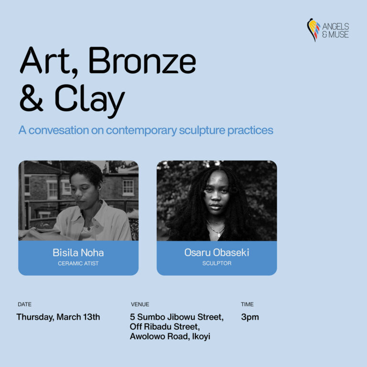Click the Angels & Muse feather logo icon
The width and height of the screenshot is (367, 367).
(x=313, y=30)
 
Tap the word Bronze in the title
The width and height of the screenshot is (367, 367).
(x=142, y=60)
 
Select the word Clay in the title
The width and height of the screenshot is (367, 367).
(x=90, y=101)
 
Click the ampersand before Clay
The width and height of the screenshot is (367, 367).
(x=32, y=98)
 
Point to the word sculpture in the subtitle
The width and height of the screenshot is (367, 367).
(x=202, y=130)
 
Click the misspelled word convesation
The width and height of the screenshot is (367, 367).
(x=58, y=130)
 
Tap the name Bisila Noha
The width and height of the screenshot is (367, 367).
(x=78, y=252)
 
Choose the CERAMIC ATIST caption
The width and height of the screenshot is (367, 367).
(x=78, y=263)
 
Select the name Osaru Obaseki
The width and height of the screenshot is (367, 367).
(x=217, y=252)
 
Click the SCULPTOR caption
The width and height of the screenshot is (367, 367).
(x=217, y=263)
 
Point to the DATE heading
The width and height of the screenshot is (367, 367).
(x=24, y=304)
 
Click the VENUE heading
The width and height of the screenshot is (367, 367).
(x=140, y=304)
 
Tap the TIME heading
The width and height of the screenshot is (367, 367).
(x=247, y=304)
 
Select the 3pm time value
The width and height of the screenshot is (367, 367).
(x=250, y=317)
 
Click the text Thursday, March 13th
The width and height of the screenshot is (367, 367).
(x=58, y=317)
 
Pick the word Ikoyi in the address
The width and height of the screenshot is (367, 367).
(x=201, y=336)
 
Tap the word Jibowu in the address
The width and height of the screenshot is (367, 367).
(x=179, y=317)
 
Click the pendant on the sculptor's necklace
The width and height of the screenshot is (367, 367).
(x=218, y=235)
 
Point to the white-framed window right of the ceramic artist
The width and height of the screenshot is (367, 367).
(x=128, y=187)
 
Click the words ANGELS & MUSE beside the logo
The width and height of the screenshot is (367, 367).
(x=335, y=31)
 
